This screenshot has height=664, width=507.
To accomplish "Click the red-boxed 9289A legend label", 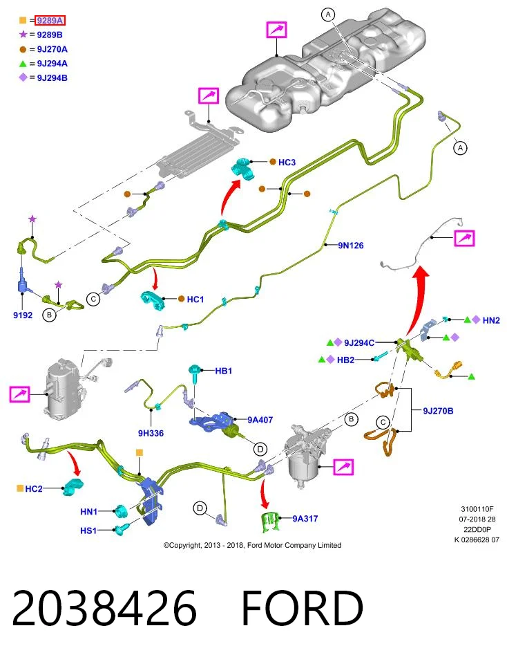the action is [x=50, y=20].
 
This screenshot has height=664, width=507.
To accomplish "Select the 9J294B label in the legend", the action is [x=52, y=78].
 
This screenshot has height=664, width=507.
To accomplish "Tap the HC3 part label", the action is [x=287, y=162].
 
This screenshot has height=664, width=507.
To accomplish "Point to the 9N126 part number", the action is [x=350, y=245].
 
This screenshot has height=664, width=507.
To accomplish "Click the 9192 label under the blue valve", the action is [x=22, y=315].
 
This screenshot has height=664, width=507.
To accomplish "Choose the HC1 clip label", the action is [x=195, y=299].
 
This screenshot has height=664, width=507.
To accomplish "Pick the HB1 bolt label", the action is [x=223, y=371].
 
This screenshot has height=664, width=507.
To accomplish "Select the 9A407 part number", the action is [x=260, y=420].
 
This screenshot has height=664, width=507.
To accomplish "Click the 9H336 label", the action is [x=151, y=433].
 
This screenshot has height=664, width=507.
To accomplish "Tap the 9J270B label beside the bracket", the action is [x=438, y=411].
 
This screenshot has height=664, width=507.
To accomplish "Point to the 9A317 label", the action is [x=305, y=518].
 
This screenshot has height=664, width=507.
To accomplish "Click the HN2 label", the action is [x=491, y=320].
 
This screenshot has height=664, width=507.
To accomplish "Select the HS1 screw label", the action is [x=88, y=531].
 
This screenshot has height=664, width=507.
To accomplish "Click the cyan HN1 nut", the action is [x=122, y=511].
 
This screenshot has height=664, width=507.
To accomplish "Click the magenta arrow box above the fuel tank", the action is [x=276, y=30].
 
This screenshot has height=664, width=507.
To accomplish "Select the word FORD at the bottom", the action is [x=302, y=608].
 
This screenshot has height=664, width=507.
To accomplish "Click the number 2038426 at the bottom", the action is [x=104, y=608].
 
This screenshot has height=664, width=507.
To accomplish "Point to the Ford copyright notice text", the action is [x=252, y=545].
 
